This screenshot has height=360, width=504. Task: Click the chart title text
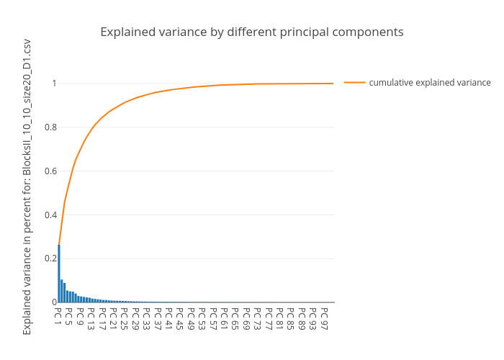251,32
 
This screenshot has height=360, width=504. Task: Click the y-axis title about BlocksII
27,187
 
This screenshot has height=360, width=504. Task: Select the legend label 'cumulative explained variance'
430,83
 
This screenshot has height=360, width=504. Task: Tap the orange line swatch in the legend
354,83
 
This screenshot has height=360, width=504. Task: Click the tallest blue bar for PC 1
59,274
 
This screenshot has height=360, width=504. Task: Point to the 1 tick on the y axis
53,84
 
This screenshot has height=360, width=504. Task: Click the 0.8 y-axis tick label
48,127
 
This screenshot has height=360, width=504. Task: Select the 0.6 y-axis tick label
48,171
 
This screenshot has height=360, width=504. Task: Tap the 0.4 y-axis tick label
48,215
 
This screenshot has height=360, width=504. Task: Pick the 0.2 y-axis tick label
48,258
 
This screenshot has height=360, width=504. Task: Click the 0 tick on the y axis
53,302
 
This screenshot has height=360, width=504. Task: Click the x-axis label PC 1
58,316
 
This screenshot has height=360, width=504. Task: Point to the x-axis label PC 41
169,318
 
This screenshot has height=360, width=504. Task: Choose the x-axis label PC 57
213,318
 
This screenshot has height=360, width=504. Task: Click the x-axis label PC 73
258,318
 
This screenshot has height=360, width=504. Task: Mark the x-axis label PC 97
324,318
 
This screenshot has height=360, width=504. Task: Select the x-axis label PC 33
147,318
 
